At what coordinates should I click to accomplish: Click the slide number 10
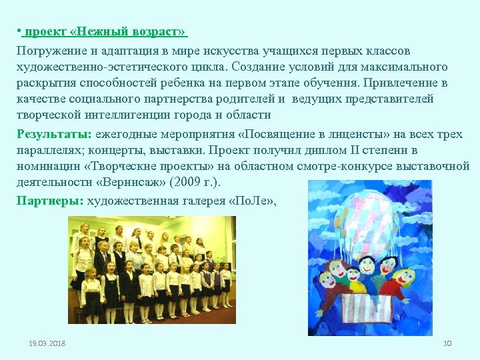447,343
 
